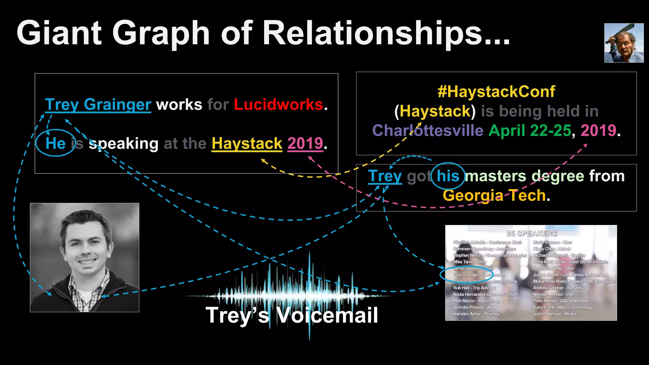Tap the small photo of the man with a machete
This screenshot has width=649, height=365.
pyautogui.click(x=624, y=43)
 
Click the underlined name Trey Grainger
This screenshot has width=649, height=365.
pyautogui.click(x=98, y=105)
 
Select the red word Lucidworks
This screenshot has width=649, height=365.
pyautogui.click(x=278, y=105)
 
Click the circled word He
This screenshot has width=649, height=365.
pyautogui.click(x=55, y=143)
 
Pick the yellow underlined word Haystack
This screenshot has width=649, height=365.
pyautogui.click(x=247, y=144)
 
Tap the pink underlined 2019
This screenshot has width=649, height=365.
pyautogui.click(x=305, y=144)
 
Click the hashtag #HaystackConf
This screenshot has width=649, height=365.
pyautogui.click(x=496, y=92)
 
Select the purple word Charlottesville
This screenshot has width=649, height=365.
pyautogui.click(x=427, y=131)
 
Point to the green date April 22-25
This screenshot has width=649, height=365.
pyautogui.click(x=530, y=131)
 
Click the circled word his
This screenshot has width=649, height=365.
pyautogui.click(x=448, y=176)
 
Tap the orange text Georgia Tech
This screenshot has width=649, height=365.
pyautogui.click(x=494, y=195)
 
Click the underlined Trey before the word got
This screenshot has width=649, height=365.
pyautogui.click(x=385, y=176)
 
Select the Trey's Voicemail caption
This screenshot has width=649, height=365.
pyautogui.click(x=292, y=315)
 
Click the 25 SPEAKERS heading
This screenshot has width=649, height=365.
pyautogui.click(x=531, y=234)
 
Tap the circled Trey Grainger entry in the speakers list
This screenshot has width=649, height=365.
pyautogui.click(x=479, y=275)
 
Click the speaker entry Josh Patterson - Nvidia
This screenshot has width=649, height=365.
pyautogui.click(x=555, y=314)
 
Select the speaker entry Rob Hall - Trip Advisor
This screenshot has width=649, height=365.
pyautogui.click(x=474, y=288)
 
